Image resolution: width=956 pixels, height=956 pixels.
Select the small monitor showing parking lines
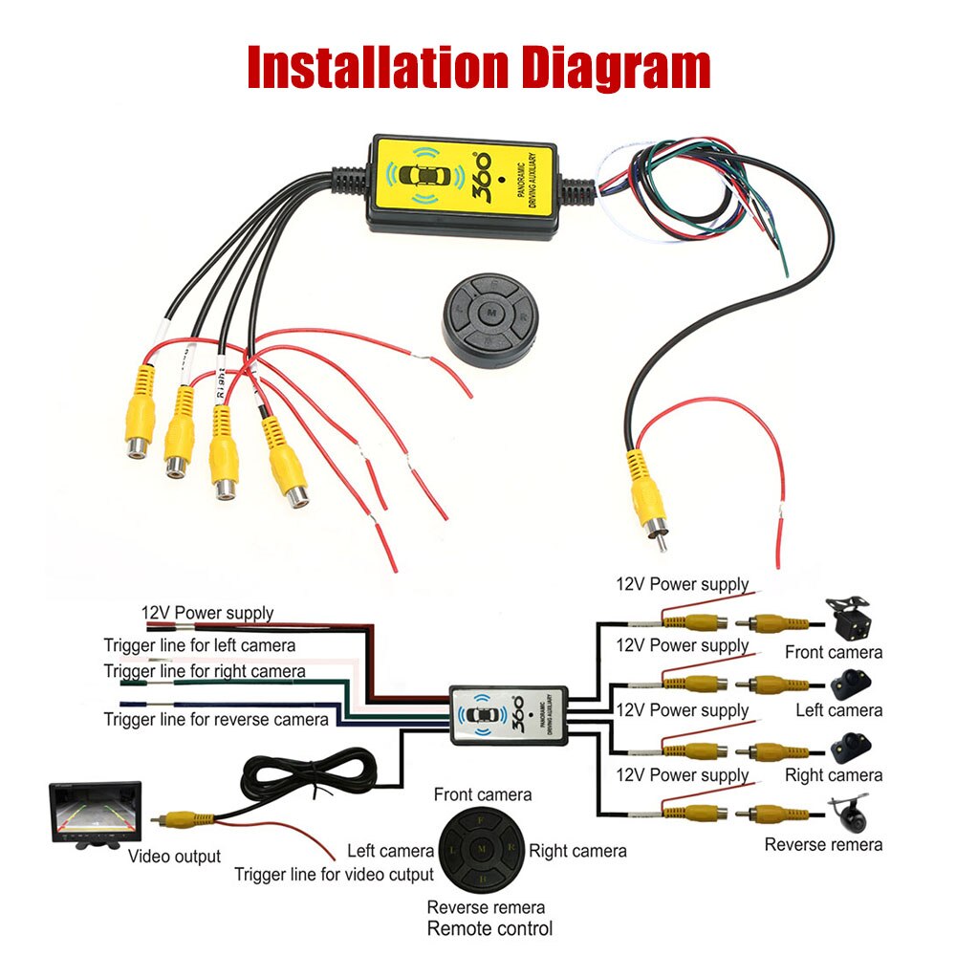coord(95,815)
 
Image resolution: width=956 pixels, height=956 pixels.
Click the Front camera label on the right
coord(834,653)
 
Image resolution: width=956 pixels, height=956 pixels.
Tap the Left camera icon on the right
coord(851,684)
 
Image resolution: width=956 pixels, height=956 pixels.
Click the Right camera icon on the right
coord(851,748)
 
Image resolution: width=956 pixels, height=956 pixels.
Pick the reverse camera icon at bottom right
coord(849,811)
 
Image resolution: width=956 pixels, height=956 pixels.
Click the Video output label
coord(174,857)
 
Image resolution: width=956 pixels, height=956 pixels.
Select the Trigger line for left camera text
coord(199,645)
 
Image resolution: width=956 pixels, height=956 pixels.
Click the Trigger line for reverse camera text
coord(216,719)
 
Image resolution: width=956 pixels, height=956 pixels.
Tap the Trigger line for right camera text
coord(205,671)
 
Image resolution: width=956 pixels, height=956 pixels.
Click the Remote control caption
coord(489,928)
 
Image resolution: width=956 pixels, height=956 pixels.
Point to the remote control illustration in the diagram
coord(484,849)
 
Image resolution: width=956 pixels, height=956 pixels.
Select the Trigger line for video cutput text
coord(334,874)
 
